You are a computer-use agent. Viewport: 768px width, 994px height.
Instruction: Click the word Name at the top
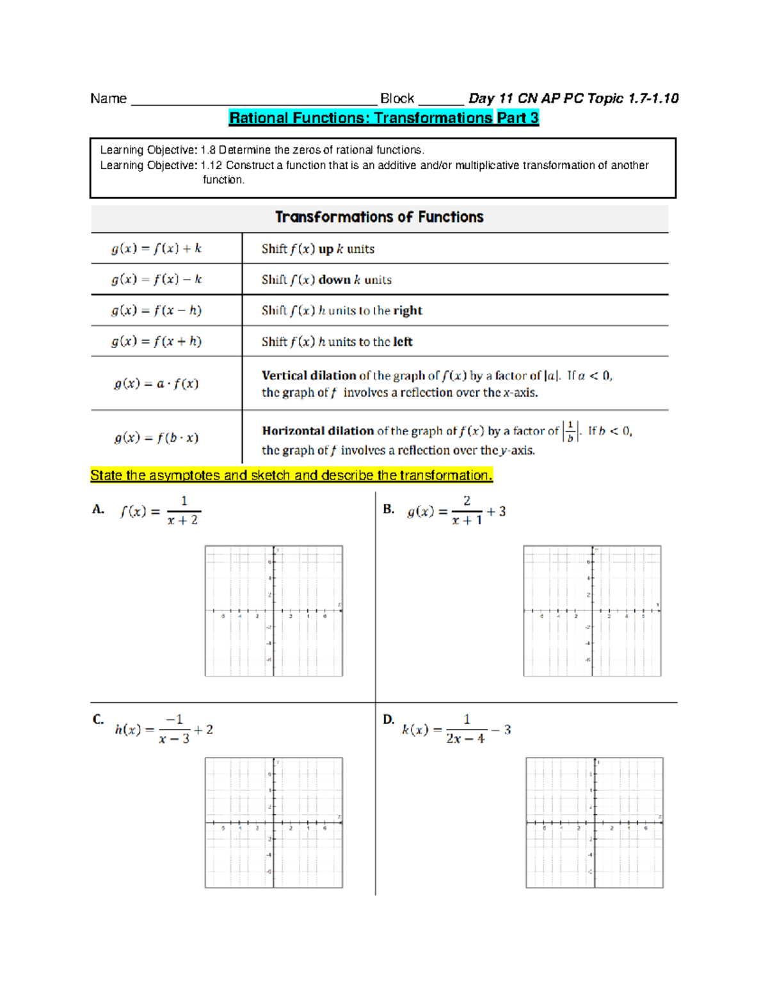pos(108,99)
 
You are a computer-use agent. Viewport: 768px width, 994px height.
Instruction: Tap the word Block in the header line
pos(397,99)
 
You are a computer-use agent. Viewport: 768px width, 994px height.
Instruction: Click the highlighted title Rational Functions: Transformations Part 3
pos(384,118)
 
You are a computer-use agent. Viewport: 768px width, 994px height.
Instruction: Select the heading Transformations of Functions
pos(379,217)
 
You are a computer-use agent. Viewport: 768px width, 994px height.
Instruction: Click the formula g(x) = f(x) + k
pos(156,248)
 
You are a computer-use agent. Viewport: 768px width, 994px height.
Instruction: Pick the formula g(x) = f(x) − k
pos(156,280)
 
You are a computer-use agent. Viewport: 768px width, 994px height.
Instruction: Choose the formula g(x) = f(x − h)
pos(156,310)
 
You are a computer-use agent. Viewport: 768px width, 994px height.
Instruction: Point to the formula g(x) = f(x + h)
pos(156,341)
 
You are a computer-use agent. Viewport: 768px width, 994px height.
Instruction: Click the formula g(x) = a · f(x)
pos(156,384)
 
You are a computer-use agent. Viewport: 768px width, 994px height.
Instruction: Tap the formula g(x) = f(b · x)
pos(156,438)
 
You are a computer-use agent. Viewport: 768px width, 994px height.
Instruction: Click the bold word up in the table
pos(326,249)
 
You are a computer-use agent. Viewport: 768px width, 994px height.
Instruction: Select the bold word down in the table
pos(334,280)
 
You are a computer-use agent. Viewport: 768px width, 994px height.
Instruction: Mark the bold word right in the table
pos(408,310)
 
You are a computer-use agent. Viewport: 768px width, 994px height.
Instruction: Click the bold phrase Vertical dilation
pos(308,376)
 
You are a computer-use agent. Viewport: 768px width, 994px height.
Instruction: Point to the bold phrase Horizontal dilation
pos(317,431)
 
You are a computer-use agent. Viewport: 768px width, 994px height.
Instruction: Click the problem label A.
pos(98,509)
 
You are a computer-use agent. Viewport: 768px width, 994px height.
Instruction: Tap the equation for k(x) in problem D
pos(456,730)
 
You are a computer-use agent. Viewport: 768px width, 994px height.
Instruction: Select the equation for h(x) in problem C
pos(164,730)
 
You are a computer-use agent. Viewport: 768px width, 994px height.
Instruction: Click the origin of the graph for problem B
pos(592,611)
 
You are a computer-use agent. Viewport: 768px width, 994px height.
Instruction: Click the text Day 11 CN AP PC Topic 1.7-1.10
pos(573,99)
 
